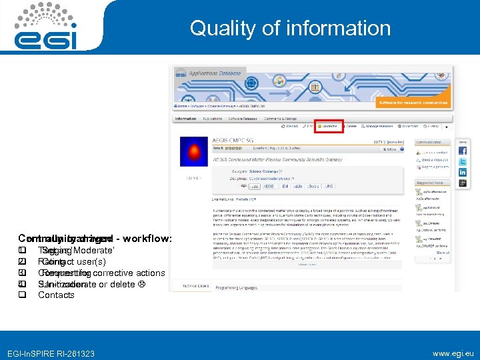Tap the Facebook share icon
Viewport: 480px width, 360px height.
coord(462,151)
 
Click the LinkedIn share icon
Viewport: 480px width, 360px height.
coord(462,172)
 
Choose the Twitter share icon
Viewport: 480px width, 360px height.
coord(462,161)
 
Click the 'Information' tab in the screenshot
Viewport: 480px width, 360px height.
coord(186,119)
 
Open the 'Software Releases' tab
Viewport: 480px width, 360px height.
coord(245,119)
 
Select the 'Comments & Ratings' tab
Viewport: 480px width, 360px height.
coord(283,119)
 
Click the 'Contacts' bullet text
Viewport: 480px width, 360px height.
coord(56,295)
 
